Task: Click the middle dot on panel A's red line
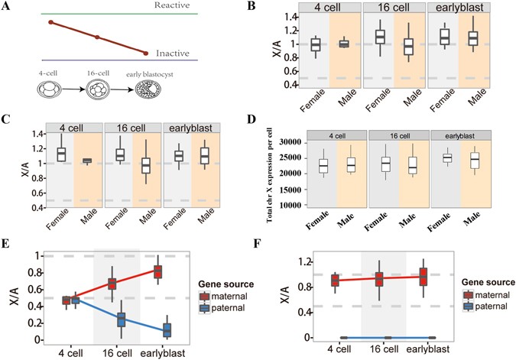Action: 96,37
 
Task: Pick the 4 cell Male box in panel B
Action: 344,44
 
